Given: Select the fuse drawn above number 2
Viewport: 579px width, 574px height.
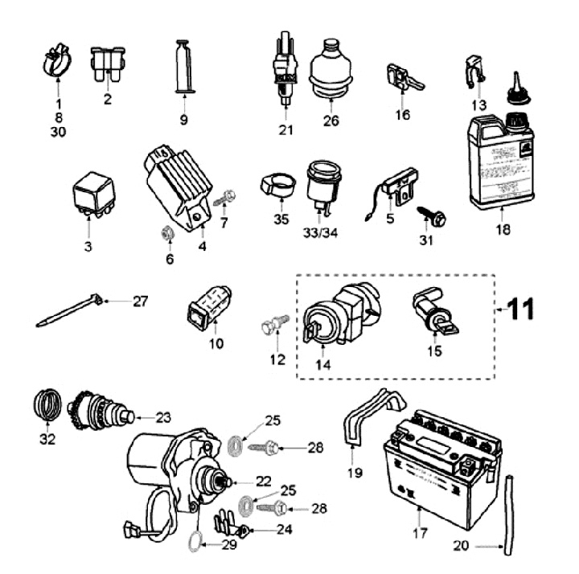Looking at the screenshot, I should pyautogui.click(x=108, y=64).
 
